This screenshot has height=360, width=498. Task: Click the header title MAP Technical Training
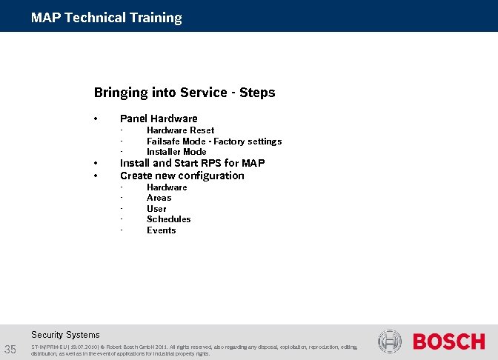coord(106,18)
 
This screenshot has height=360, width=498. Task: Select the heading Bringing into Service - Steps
coord(184,93)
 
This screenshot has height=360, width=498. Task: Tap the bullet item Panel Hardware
coord(159,119)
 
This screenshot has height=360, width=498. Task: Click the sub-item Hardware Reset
coord(180,130)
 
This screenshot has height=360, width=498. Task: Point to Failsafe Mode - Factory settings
coord(213,141)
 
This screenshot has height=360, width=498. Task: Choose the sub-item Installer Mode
coord(176,152)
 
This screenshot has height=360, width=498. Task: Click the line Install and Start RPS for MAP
coord(192,163)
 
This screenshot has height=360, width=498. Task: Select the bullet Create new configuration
coord(182,176)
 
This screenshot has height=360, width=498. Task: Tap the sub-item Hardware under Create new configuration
coord(167,187)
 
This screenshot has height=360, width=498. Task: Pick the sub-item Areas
coord(159,198)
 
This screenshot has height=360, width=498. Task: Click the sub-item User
coord(156,209)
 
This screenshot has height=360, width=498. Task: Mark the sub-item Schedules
coord(168,219)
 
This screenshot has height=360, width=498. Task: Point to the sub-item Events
coord(161,230)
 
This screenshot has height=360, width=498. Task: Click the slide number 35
coord(11,350)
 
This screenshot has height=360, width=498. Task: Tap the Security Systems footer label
coord(65,335)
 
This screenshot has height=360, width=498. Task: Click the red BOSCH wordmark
coord(448,342)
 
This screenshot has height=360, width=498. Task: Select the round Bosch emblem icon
coord(390,342)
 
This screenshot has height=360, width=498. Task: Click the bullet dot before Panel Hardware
coord(96,119)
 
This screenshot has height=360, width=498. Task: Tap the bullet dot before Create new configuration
coord(96,176)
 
